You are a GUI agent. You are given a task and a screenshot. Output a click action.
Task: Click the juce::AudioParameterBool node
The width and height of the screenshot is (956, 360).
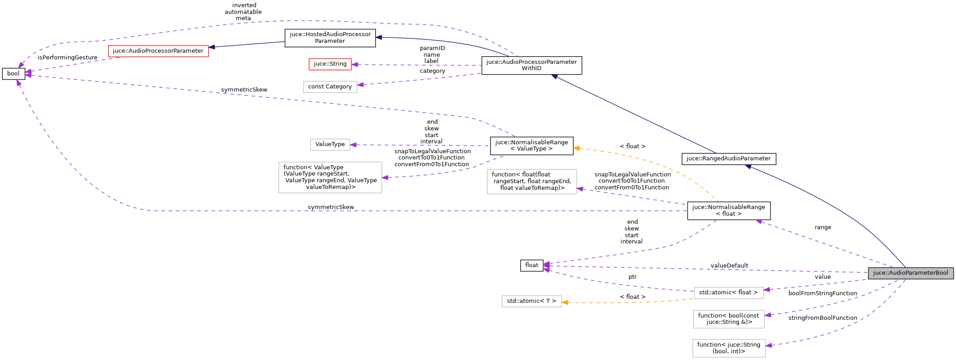[x=910, y=273]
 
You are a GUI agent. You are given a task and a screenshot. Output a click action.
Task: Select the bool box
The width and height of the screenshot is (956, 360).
[x=13, y=74]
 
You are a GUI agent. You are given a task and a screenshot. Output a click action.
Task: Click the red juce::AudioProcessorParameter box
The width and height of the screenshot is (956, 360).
[x=158, y=51]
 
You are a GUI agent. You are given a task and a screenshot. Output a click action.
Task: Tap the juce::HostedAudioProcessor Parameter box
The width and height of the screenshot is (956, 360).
[x=330, y=38]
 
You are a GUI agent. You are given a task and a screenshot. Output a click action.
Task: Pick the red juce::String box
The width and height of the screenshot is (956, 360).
[x=330, y=64]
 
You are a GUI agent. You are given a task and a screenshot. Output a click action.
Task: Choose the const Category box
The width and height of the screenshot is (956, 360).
[x=330, y=87]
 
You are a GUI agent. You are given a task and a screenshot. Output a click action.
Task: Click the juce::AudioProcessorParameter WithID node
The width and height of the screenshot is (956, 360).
[x=531, y=65]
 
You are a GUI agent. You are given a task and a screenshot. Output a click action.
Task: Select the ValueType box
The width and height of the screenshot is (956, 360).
[x=330, y=144]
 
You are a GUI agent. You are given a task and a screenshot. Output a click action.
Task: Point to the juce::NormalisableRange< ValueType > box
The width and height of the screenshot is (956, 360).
[x=531, y=146]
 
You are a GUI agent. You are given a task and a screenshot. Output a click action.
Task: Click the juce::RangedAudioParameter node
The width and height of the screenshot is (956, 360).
[x=728, y=159]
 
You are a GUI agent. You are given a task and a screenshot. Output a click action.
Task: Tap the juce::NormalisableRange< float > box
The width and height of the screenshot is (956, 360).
[x=728, y=210]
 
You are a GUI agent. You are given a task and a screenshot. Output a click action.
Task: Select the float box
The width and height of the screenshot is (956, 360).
[x=532, y=265]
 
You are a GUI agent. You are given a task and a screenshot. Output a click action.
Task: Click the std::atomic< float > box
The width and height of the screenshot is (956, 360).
[x=728, y=293]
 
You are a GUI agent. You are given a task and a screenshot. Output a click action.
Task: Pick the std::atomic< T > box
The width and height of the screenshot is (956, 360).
[x=531, y=301]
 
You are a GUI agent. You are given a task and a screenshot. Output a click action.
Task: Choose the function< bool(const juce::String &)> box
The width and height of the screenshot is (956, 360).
[x=728, y=319]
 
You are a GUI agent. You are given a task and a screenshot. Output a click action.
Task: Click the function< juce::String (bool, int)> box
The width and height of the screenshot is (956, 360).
[x=728, y=348]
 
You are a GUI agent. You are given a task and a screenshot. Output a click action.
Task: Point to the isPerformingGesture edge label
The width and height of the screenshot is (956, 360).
[x=67, y=58]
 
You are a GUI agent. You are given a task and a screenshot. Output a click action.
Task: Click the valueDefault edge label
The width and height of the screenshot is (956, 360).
[x=729, y=266]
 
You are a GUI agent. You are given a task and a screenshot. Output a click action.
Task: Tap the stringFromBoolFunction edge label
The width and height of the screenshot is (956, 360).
[x=822, y=318]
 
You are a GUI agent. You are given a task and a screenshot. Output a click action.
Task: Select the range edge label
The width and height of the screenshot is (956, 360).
[x=822, y=227]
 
